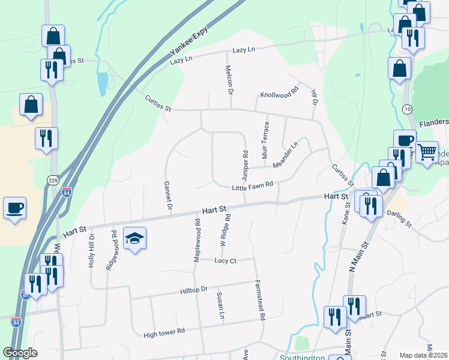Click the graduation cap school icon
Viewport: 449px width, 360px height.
click(x=135, y=238)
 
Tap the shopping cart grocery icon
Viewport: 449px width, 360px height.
click(x=427, y=153)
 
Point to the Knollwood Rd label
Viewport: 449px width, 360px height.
click(x=279, y=94)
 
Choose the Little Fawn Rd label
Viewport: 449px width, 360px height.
click(x=253, y=188)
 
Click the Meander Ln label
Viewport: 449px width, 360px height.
click(x=285, y=156)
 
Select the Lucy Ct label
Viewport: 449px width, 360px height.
click(x=226, y=260)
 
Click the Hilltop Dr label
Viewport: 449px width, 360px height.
click(x=193, y=290)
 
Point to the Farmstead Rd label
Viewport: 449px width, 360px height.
click(x=259, y=300)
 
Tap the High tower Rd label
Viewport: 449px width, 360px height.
click(x=164, y=331)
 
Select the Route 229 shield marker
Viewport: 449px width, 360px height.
click(x=53, y=180)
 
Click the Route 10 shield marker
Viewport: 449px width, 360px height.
click(x=407, y=109)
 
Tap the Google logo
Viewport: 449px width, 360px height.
click(x=20, y=353)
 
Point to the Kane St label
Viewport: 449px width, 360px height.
click(x=346, y=214)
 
